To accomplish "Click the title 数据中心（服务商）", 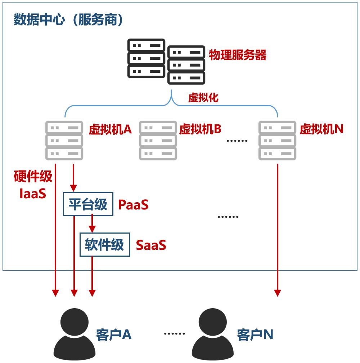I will coord(68,20).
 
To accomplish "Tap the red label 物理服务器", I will coord(238,55).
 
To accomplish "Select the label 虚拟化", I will coord(203,98).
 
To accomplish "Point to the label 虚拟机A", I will coord(110,129).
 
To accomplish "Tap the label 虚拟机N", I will coord(321,129).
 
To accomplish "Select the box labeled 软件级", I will coord(104,245).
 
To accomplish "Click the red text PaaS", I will coord(133,205).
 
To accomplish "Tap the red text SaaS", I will coord(151,245).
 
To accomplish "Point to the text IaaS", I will coord(33,194).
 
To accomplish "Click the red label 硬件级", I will coord(33,177).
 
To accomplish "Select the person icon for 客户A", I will coord(75,333).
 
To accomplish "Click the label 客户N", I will coord(255,335).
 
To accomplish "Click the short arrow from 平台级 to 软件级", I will coord(92,223).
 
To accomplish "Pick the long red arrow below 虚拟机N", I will coord(278,231).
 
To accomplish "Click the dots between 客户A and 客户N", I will coord(174,333).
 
